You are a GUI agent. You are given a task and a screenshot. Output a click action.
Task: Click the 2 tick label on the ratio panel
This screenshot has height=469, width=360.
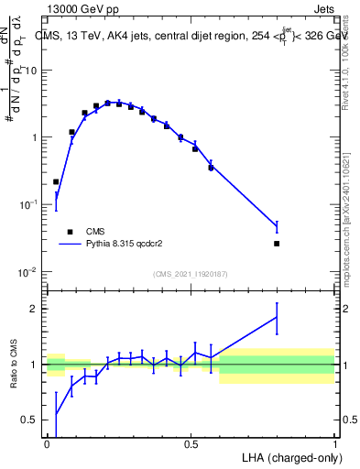coord(34,309)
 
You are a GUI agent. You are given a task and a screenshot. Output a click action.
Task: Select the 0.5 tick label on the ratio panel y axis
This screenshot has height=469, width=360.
coord(29,420)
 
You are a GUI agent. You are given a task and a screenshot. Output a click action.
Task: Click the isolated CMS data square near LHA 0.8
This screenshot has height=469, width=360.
coord(277,244)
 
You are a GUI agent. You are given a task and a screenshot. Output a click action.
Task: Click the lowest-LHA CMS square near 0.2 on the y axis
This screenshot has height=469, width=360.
coord(56,182)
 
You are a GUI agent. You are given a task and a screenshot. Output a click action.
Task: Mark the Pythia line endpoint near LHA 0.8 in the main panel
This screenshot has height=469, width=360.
coord(277,226)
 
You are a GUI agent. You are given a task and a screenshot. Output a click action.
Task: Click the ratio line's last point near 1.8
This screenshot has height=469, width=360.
coord(277,318)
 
